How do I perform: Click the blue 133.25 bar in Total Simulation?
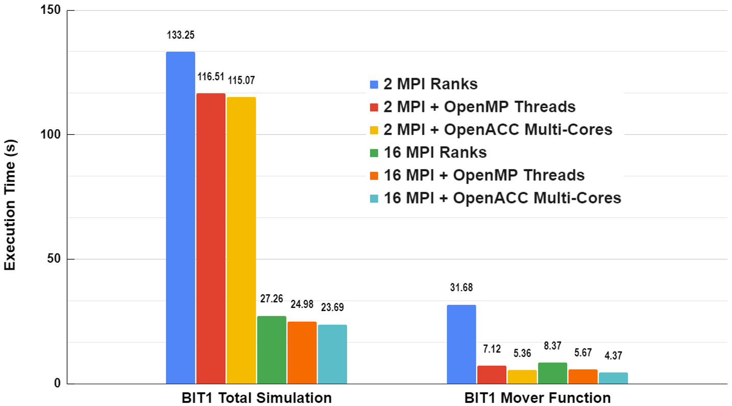180,218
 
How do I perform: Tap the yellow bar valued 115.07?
241,240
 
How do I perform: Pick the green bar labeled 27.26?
272,350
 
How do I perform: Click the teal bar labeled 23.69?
332,354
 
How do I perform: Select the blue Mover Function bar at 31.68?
461,344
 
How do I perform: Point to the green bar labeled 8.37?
552,373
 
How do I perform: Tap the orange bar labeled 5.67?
583,376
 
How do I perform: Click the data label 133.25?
180,35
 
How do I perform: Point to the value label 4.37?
613,356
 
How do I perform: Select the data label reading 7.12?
492,349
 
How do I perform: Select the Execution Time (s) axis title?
10,197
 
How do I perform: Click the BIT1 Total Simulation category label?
256,398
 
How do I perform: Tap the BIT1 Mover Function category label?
537,398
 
